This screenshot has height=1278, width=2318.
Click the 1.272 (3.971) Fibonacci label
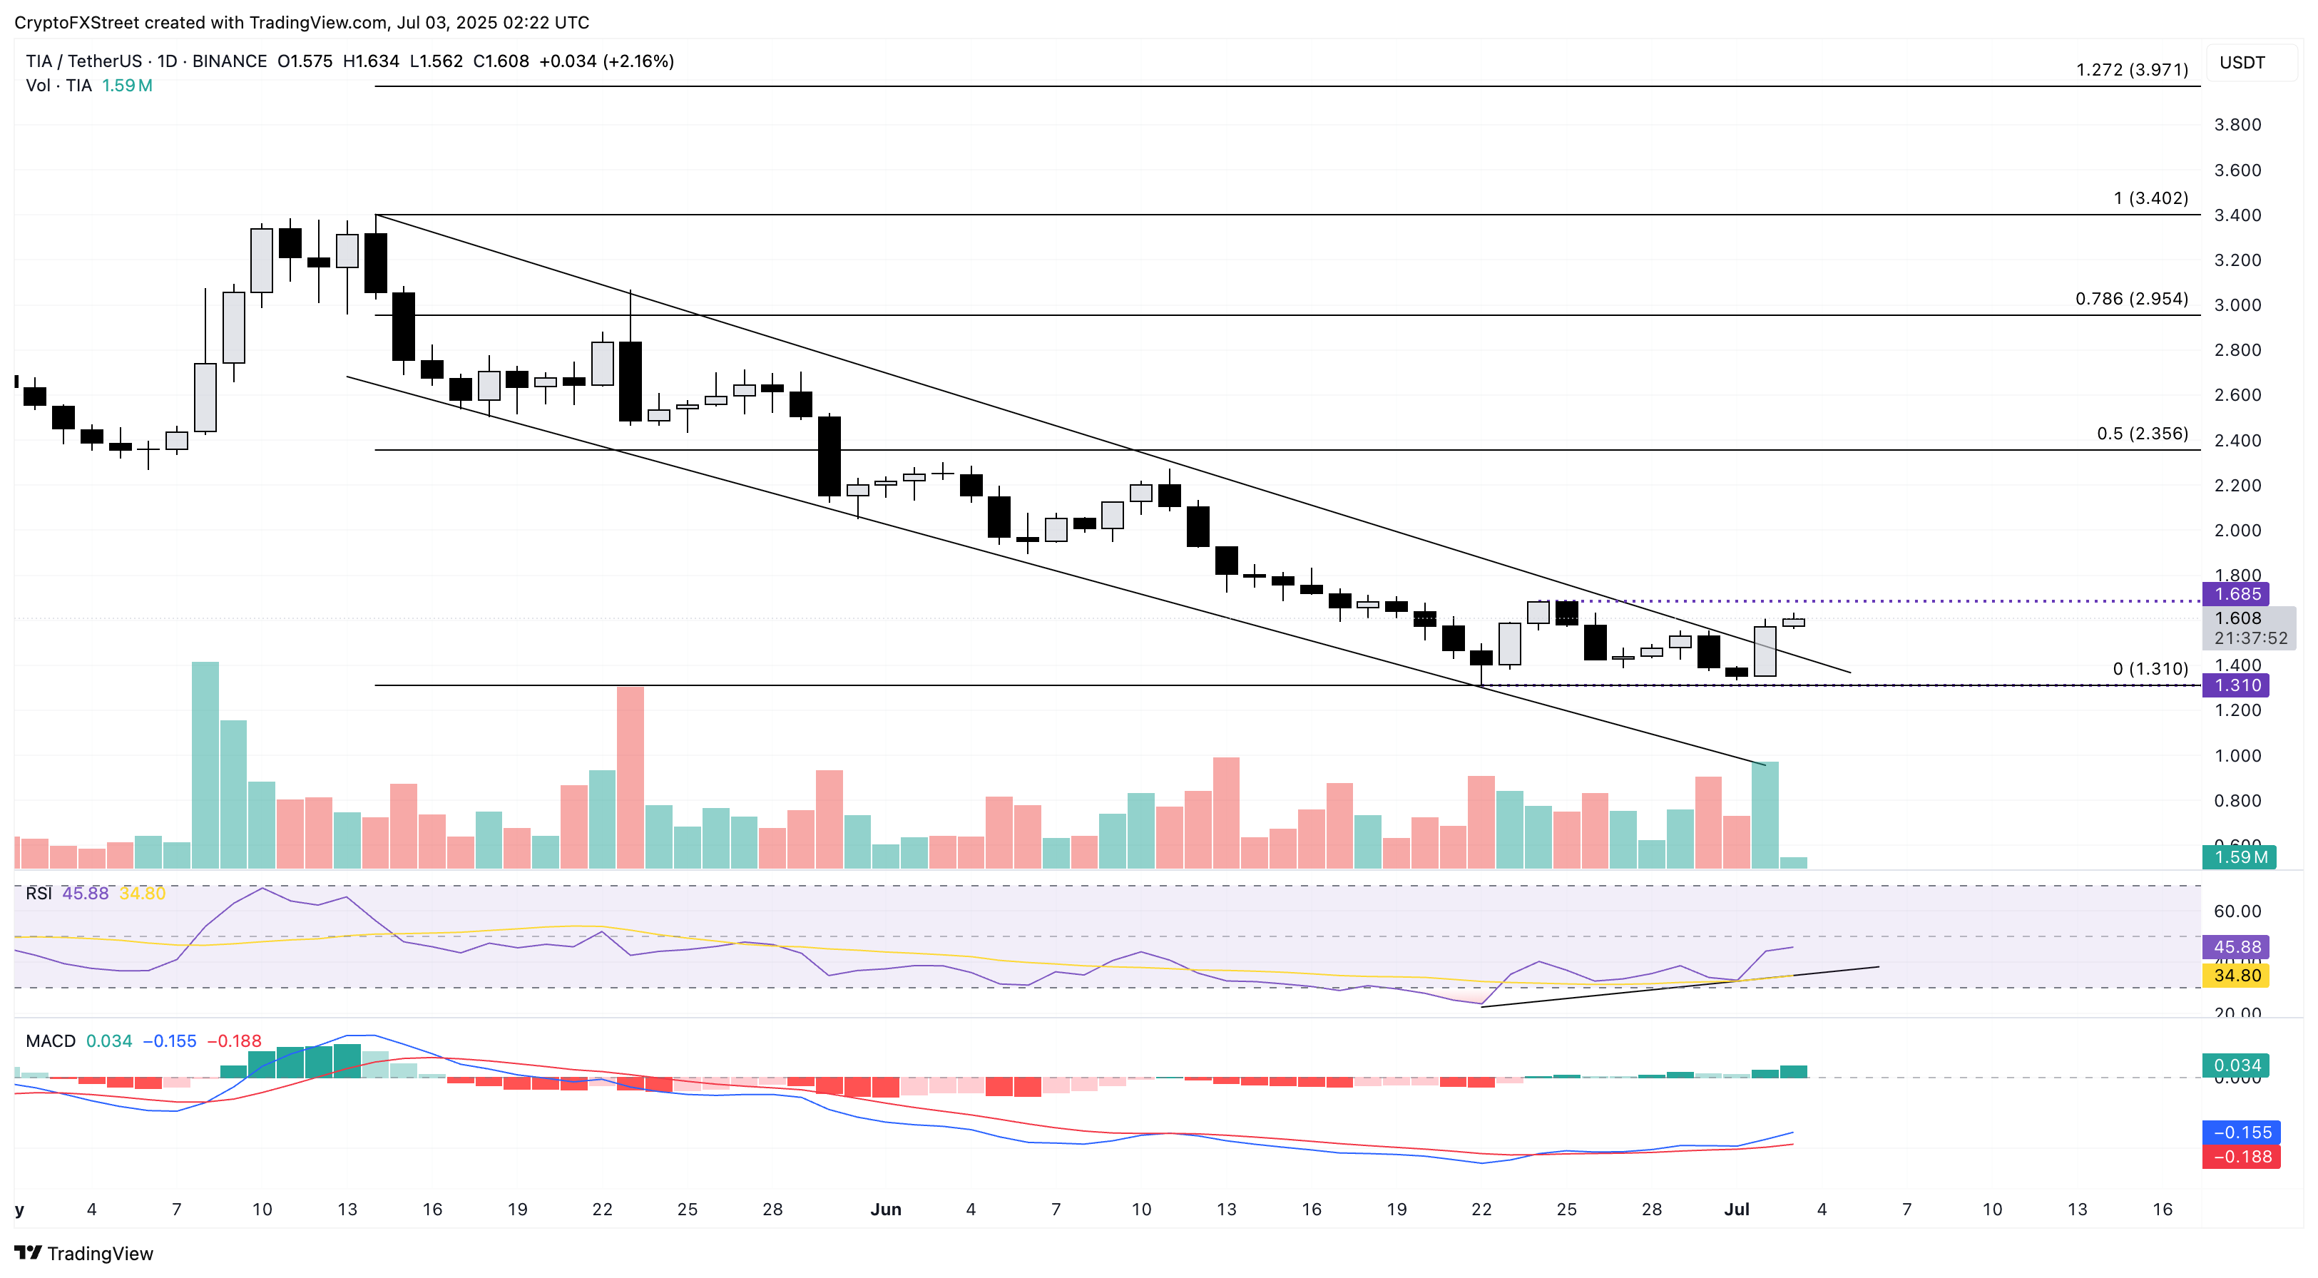(2131, 69)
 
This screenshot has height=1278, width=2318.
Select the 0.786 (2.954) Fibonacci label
(2131, 299)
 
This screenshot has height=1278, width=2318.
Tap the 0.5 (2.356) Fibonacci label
(2142, 434)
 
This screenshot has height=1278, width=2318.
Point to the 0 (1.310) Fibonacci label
(2150, 669)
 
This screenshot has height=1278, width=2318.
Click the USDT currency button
(2242, 63)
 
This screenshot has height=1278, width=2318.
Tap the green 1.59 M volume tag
(2239, 857)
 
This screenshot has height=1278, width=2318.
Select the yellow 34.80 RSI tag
(2236, 976)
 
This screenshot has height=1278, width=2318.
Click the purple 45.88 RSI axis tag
(2236, 947)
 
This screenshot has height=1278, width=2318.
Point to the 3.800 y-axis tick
(2237, 125)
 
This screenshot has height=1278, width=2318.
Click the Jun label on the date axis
(885, 1210)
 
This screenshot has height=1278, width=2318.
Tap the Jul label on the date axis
(1736, 1210)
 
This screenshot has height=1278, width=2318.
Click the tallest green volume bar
(205, 765)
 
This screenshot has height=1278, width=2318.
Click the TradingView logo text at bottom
(99, 1254)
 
